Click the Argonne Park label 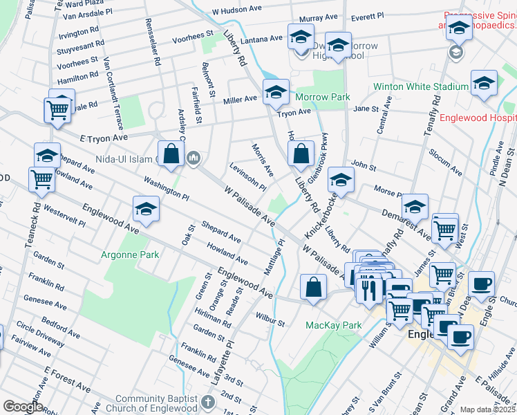coord(130,255)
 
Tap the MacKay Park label coord(334,324)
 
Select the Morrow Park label coord(323,98)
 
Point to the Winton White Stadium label coord(420,86)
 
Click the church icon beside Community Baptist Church coord(207,402)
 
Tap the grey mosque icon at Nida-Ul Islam coord(193,159)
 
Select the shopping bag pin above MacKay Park coord(313,286)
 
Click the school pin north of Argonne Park coord(146,209)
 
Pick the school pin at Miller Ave coord(276,92)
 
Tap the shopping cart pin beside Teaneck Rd coord(41,179)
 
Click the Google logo coord(23,407)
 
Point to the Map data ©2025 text coord(488,409)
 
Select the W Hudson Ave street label coord(238,12)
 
